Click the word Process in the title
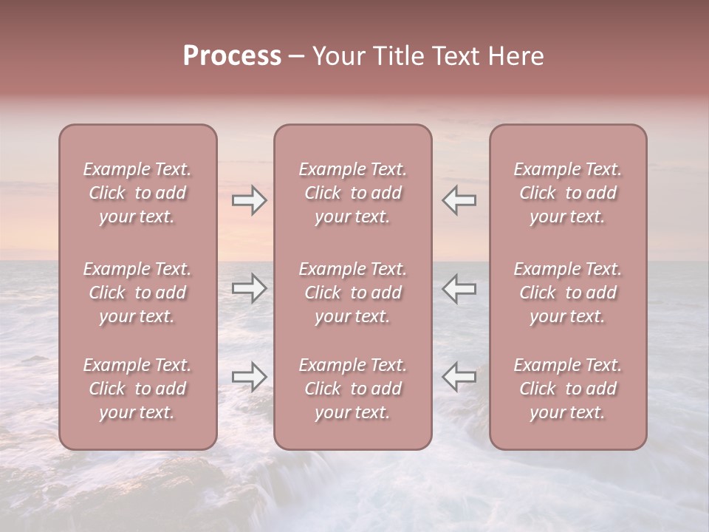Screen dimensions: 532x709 [x=232, y=56]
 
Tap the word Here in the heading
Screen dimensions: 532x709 [x=516, y=56]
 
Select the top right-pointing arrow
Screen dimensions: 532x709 [x=250, y=199]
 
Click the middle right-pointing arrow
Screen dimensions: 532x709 [x=250, y=288]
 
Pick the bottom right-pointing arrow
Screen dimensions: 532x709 [x=250, y=377]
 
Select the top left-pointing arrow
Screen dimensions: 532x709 [x=459, y=199]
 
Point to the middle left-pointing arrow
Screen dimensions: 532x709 [x=459, y=288]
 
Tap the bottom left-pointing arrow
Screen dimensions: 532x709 [x=459, y=377]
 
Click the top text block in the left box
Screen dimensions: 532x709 [x=137, y=193]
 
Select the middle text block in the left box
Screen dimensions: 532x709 [x=137, y=293]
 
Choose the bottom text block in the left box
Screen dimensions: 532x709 [x=137, y=389]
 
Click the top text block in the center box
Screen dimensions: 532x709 [x=352, y=193]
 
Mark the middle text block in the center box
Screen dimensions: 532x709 [x=352, y=293]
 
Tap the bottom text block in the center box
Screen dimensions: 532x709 [x=352, y=389]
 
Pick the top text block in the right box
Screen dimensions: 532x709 [x=567, y=193]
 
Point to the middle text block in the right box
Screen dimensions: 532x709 [x=567, y=293]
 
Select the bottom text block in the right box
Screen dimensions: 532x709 [x=567, y=389]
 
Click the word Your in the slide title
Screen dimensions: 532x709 [x=339, y=56]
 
